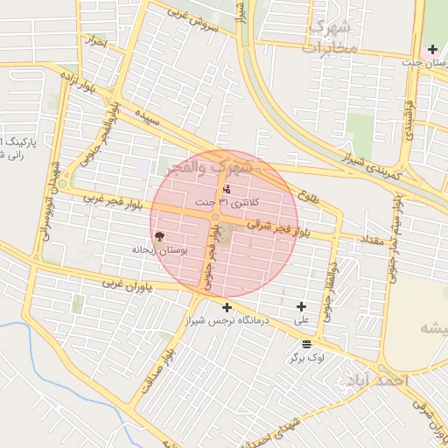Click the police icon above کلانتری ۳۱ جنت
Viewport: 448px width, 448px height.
227,189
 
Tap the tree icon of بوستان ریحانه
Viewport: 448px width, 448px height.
159,235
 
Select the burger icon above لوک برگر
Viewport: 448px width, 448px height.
306,344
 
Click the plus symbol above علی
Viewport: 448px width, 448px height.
302,306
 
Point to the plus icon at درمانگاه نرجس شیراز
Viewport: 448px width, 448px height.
227,307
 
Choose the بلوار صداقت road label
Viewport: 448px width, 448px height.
154,372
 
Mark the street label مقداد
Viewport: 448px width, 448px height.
361,240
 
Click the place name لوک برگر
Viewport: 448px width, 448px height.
307,358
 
